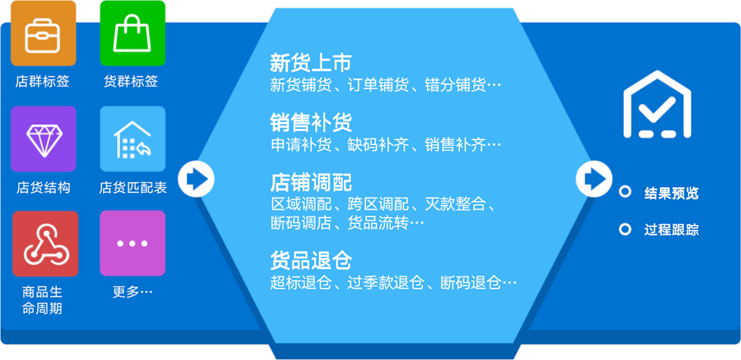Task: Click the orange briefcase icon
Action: (x=43, y=33)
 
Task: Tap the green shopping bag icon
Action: (x=133, y=33)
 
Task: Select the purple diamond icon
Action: (x=43, y=139)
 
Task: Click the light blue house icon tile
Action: (x=133, y=139)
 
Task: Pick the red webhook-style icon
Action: (x=45, y=244)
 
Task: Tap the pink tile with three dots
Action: (x=133, y=243)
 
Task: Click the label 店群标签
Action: (x=43, y=82)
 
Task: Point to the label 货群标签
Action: (x=131, y=82)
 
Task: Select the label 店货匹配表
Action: (x=133, y=188)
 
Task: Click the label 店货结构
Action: (x=43, y=188)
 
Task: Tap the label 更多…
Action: (x=133, y=292)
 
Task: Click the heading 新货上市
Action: (x=311, y=63)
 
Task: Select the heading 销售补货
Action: (x=311, y=123)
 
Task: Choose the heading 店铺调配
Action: (x=311, y=182)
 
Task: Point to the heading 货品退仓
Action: (x=311, y=261)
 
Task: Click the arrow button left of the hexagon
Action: (x=196, y=179)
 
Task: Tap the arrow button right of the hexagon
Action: (x=594, y=179)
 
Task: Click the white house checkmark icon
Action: (x=657, y=104)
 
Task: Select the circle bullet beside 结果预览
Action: (x=626, y=192)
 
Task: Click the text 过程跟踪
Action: (x=671, y=230)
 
